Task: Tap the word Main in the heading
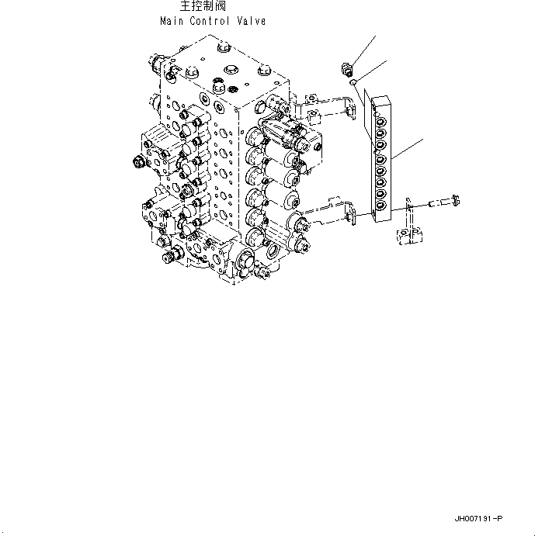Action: point(173,21)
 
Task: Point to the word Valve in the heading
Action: point(251,21)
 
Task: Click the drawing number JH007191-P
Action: point(479,518)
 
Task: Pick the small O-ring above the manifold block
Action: point(353,80)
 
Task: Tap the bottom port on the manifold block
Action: point(382,206)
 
